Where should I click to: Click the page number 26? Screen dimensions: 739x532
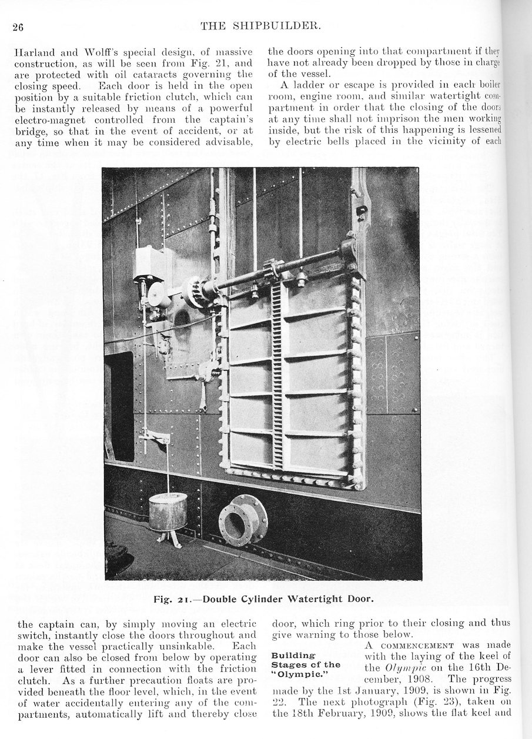[17, 26]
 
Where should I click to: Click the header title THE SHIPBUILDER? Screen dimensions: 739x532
[260, 25]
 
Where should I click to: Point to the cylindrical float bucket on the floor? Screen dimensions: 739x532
[168, 512]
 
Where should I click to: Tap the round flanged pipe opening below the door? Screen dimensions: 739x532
[243, 520]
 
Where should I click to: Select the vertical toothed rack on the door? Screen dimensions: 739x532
[277, 376]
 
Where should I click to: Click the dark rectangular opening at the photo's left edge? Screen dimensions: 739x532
[119, 406]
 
